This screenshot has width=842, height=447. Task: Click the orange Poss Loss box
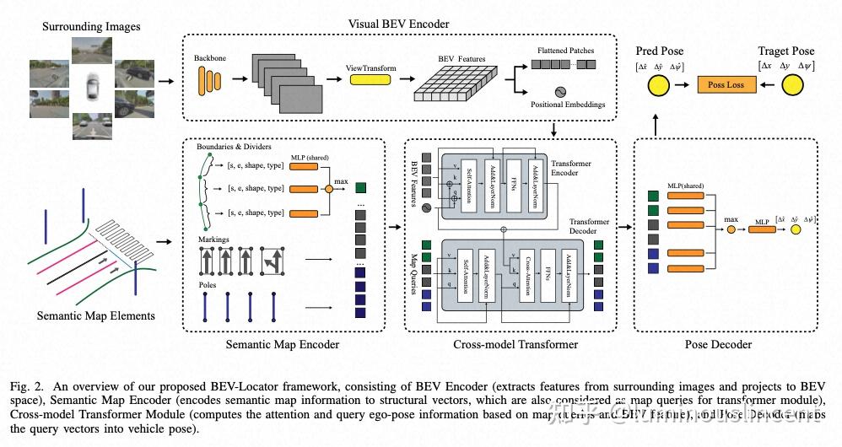726,84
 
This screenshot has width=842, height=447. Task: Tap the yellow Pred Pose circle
658,84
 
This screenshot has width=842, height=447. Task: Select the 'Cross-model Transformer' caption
515,344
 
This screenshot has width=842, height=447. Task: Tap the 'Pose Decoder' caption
719,344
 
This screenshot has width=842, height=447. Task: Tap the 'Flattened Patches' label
565,51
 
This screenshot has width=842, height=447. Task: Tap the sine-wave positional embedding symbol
559,92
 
